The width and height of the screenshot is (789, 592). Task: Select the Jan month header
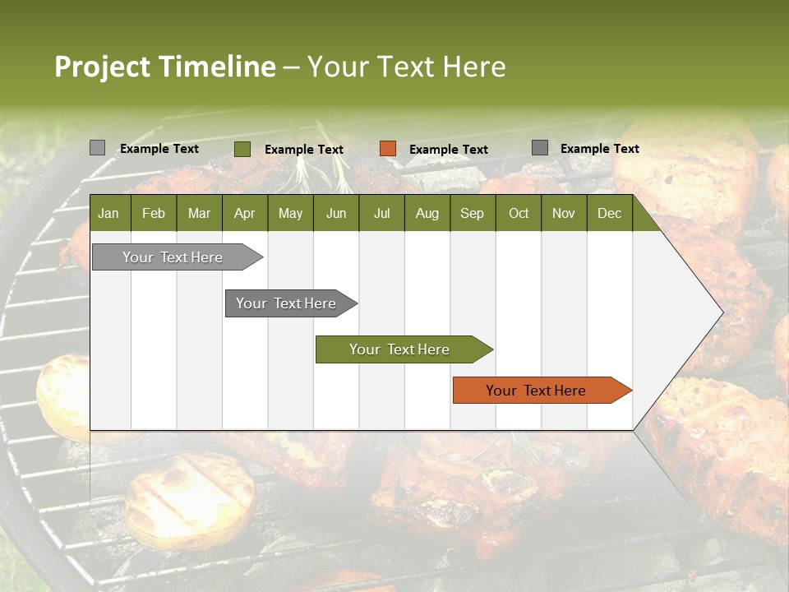click(x=108, y=213)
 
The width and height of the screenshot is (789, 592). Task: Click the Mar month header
click(x=199, y=213)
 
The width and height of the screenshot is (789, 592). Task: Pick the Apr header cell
click(x=244, y=213)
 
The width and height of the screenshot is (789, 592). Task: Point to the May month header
click(x=290, y=213)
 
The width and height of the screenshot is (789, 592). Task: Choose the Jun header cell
click(x=336, y=213)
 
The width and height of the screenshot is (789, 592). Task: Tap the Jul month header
click(x=381, y=213)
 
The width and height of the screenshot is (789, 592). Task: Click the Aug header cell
click(x=427, y=213)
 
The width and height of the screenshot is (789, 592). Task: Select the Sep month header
click(x=472, y=213)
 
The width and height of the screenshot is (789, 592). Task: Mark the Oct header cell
click(x=519, y=213)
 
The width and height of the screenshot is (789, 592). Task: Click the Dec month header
click(x=609, y=213)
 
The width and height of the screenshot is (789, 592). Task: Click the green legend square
click(x=242, y=149)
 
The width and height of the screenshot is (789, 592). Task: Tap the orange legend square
click(x=388, y=149)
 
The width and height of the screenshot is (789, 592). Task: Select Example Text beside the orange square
click(x=448, y=150)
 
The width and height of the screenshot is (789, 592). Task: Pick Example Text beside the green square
click(x=303, y=150)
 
